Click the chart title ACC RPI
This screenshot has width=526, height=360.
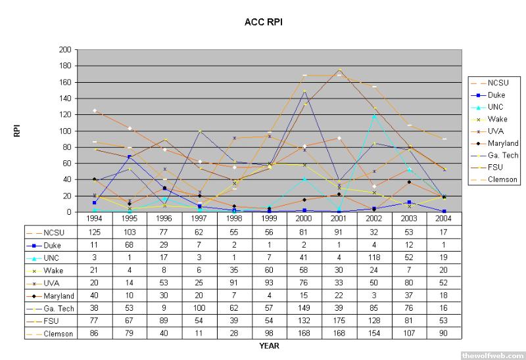(x=262, y=22)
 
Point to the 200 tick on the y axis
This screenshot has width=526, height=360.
(x=64, y=49)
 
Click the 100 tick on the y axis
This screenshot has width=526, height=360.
(x=64, y=131)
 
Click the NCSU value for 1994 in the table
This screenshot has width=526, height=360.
(x=95, y=232)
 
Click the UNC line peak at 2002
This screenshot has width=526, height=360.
(x=375, y=116)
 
